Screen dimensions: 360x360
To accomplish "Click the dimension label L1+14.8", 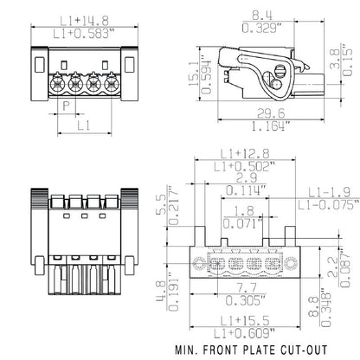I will [83, 10].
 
